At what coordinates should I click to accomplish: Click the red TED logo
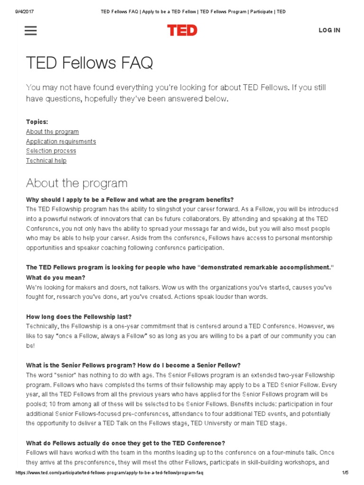point(182,30)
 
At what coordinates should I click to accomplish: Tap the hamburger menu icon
point(30,30)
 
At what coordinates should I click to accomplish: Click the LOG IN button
point(329,30)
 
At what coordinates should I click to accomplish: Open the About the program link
point(52,132)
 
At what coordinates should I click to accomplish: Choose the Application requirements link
point(61,141)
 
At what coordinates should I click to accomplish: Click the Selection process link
point(51,151)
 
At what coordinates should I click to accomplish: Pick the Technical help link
point(46,161)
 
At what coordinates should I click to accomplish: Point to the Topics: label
point(37,122)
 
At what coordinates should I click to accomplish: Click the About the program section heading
point(77,183)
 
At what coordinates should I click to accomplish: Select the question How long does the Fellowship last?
point(79,316)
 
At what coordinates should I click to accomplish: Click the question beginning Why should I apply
point(130,199)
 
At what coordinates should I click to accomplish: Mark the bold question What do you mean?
point(55,278)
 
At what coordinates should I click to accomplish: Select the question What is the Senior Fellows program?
point(84,365)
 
